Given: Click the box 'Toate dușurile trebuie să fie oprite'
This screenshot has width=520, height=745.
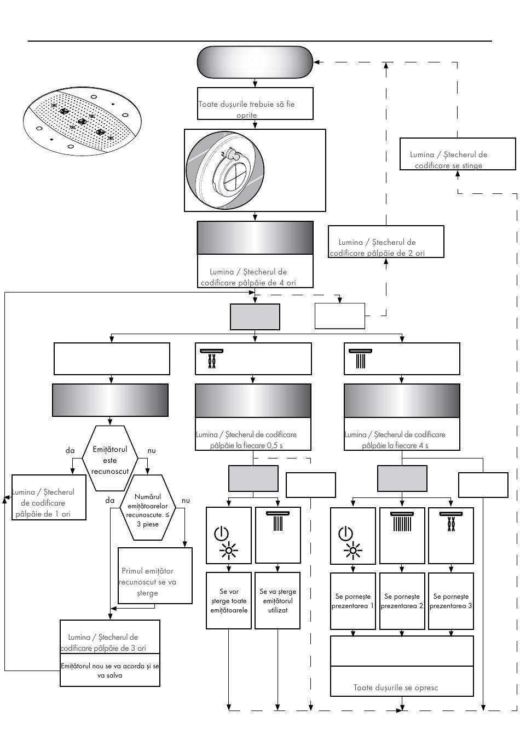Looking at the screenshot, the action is (x=255, y=104).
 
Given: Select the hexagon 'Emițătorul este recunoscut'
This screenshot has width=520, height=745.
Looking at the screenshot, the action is (x=109, y=459).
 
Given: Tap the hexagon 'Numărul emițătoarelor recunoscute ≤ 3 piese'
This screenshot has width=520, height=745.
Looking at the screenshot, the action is (x=148, y=507).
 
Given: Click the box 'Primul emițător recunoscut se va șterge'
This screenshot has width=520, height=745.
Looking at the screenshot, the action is (x=155, y=576).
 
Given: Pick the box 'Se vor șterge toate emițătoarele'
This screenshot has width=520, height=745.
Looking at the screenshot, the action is (x=229, y=600).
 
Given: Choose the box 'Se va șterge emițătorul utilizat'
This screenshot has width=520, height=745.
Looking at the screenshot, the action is (x=278, y=600).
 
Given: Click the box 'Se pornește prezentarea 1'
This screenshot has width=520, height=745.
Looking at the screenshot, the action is (x=353, y=601).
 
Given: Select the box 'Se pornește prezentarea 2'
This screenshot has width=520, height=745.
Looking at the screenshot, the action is (x=402, y=601).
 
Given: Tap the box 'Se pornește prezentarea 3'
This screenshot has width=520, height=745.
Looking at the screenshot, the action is (x=450, y=601).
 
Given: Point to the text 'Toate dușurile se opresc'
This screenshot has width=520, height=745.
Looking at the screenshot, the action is (x=395, y=687).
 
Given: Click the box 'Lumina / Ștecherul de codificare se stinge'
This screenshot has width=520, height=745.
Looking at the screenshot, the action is (x=458, y=154).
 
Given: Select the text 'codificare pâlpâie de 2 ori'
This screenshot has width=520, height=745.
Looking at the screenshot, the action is (x=377, y=253).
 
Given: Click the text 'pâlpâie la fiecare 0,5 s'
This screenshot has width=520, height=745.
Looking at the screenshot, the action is (x=246, y=445).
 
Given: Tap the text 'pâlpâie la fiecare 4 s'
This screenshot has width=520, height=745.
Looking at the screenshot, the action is (x=395, y=445).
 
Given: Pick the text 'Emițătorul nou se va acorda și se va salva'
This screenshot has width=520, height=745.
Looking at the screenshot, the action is (x=109, y=671).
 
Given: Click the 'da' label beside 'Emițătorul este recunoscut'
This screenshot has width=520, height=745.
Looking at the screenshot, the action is (x=70, y=450).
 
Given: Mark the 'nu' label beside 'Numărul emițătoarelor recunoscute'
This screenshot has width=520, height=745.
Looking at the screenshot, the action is (x=186, y=501).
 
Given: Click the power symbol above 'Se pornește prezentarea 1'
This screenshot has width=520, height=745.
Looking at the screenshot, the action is (x=345, y=533).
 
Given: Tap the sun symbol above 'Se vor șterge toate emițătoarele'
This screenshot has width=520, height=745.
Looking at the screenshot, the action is (x=229, y=551).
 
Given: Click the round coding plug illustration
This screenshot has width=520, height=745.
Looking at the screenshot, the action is (x=225, y=170).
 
